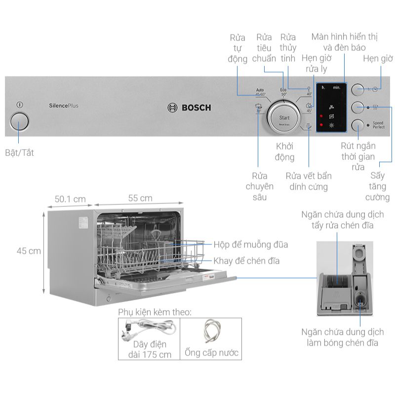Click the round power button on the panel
point(19,121)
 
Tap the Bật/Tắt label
point(19,153)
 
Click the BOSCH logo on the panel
point(190,108)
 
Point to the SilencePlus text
point(64,105)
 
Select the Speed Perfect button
point(357,125)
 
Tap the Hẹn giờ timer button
point(357,89)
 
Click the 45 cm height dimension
point(29,251)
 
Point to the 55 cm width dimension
point(140,198)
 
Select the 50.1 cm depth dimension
point(70,199)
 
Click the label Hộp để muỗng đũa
point(250,244)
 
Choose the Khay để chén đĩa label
point(246,261)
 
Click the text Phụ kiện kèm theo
point(154,312)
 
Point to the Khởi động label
point(284,152)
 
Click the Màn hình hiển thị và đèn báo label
point(345,42)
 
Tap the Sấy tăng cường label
point(377,187)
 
